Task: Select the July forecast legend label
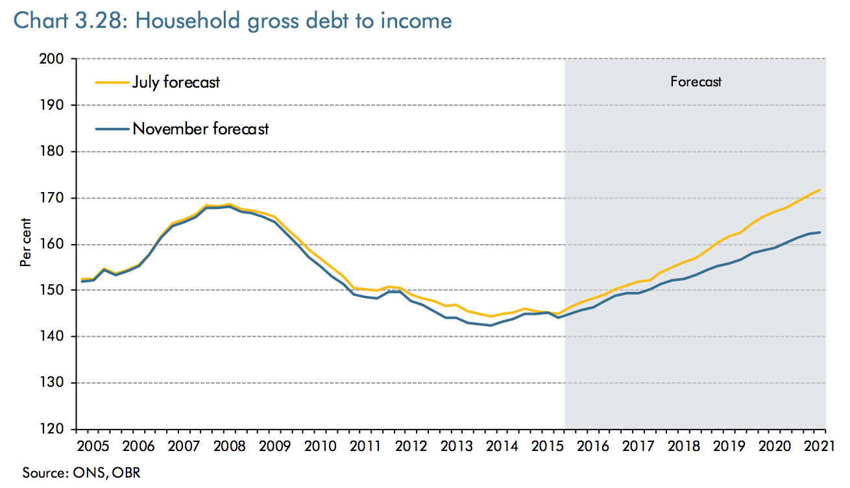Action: pyautogui.click(x=176, y=82)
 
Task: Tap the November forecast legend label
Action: pyautogui.click(x=200, y=128)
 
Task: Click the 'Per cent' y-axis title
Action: pyautogui.click(x=25, y=244)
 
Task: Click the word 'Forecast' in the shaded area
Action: pyautogui.click(x=696, y=82)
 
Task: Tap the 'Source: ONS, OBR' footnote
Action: pyautogui.click(x=82, y=472)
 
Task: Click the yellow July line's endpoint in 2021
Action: pyautogui.click(x=820, y=190)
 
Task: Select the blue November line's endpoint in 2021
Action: pyautogui.click(x=820, y=232)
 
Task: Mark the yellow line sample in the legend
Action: pyautogui.click(x=112, y=82)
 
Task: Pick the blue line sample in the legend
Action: pyautogui.click(x=112, y=128)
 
